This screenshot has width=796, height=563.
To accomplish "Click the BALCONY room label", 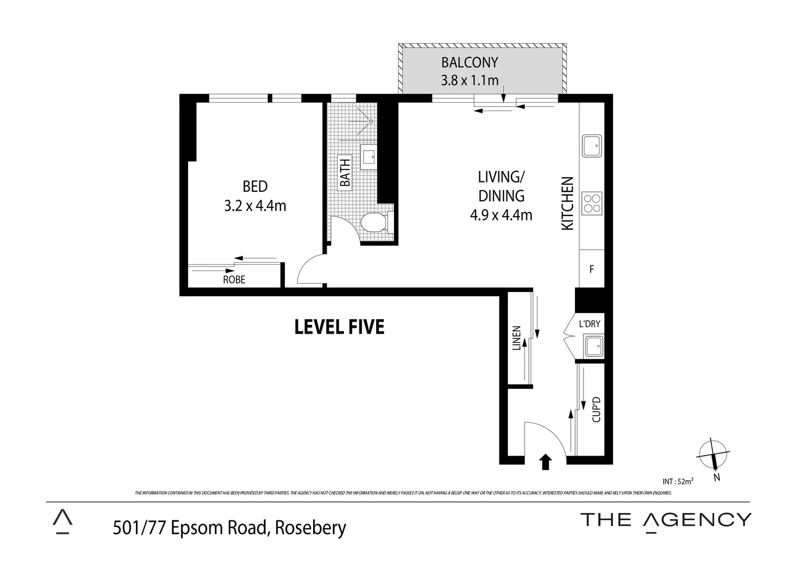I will pyautogui.click(x=469, y=63).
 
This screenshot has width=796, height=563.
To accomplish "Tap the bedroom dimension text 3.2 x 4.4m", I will pyautogui.click(x=255, y=206).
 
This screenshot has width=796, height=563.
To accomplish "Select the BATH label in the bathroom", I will pyautogui.click(x=345, y=173).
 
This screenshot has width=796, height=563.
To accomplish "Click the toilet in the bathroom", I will pyautogui.click(x=375, y=223).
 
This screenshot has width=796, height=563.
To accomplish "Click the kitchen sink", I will pyautogui.click(x=592, y=146).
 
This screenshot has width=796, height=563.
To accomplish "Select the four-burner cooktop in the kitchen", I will pyautogui.click(x=592, y=203).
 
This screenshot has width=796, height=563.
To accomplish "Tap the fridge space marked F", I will pyautogui.click(x=592, y=270).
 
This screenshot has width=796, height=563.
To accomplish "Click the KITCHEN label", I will pyautogui.click(x=567, y=203).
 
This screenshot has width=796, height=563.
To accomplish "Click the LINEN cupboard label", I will pyautogui.click(x=517, y=339).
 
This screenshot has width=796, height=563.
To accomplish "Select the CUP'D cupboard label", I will pyautogui.click(x=597, y=410).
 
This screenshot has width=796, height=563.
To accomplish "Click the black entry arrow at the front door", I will pyautogui.click(x=545, y=461).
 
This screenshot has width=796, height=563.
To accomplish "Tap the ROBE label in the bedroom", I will pyautogui.click(x=234, y=279).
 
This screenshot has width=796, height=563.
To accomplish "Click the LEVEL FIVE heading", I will pyautogui.click(x=339, y=327).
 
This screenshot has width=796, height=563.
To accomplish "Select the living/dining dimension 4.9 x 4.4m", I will pyautogui.click(x=501, y=214).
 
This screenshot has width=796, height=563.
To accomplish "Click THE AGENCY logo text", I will pyautogui.click(x=666, y=520).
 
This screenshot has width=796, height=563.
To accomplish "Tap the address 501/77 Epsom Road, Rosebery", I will pyautogui.click(x=229, y=528).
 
